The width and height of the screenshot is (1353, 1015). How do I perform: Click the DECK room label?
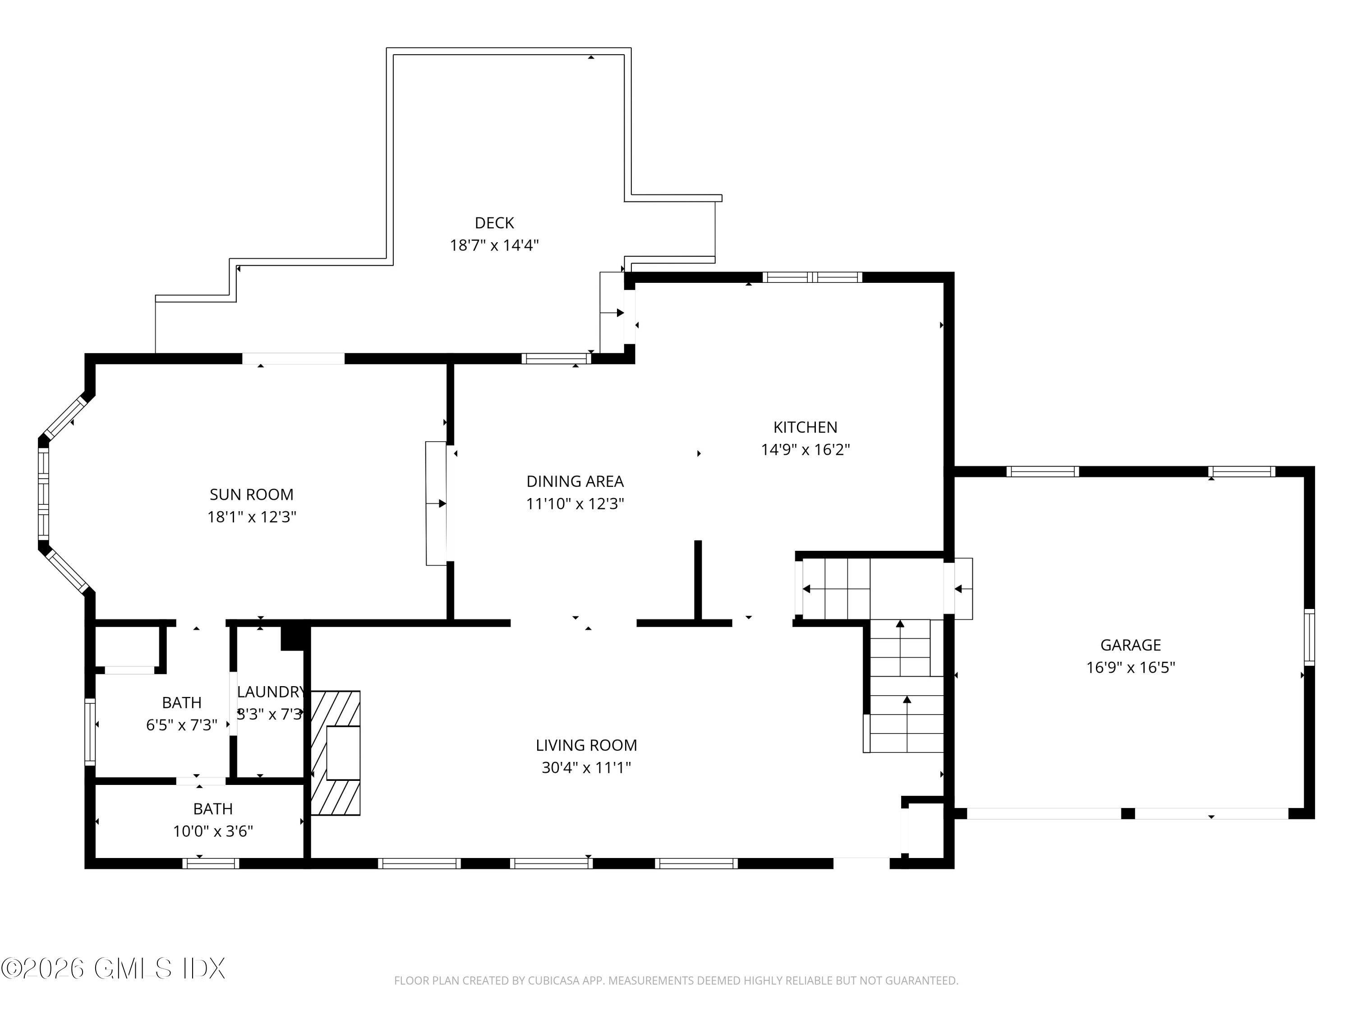point(494,223)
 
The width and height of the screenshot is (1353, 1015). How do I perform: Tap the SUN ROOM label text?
point(251,494)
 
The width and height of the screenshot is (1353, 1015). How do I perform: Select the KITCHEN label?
point(805,427)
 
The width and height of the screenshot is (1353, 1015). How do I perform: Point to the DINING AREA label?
point(575,481)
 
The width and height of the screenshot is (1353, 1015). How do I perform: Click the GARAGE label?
point(1130,645)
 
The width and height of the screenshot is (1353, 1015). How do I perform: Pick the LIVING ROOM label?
point(586,745)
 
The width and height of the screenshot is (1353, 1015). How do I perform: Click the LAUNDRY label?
point(270,692)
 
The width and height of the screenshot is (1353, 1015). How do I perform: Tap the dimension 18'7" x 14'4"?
point(494,245)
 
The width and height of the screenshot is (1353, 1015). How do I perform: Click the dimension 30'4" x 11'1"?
point(586,767)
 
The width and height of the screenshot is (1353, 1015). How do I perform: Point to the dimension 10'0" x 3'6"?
point(213,831)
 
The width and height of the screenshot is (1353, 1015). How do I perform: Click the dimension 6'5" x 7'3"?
point(182,725)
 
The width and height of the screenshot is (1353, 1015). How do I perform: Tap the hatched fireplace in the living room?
point(335,753)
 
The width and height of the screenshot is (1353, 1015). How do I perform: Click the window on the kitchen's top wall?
point(812,277)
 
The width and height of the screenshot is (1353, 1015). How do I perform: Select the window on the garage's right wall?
point(1309,637)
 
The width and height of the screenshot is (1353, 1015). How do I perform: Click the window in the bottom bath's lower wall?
point(211,863)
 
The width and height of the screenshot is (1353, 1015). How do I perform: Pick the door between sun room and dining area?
point(437,503)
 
